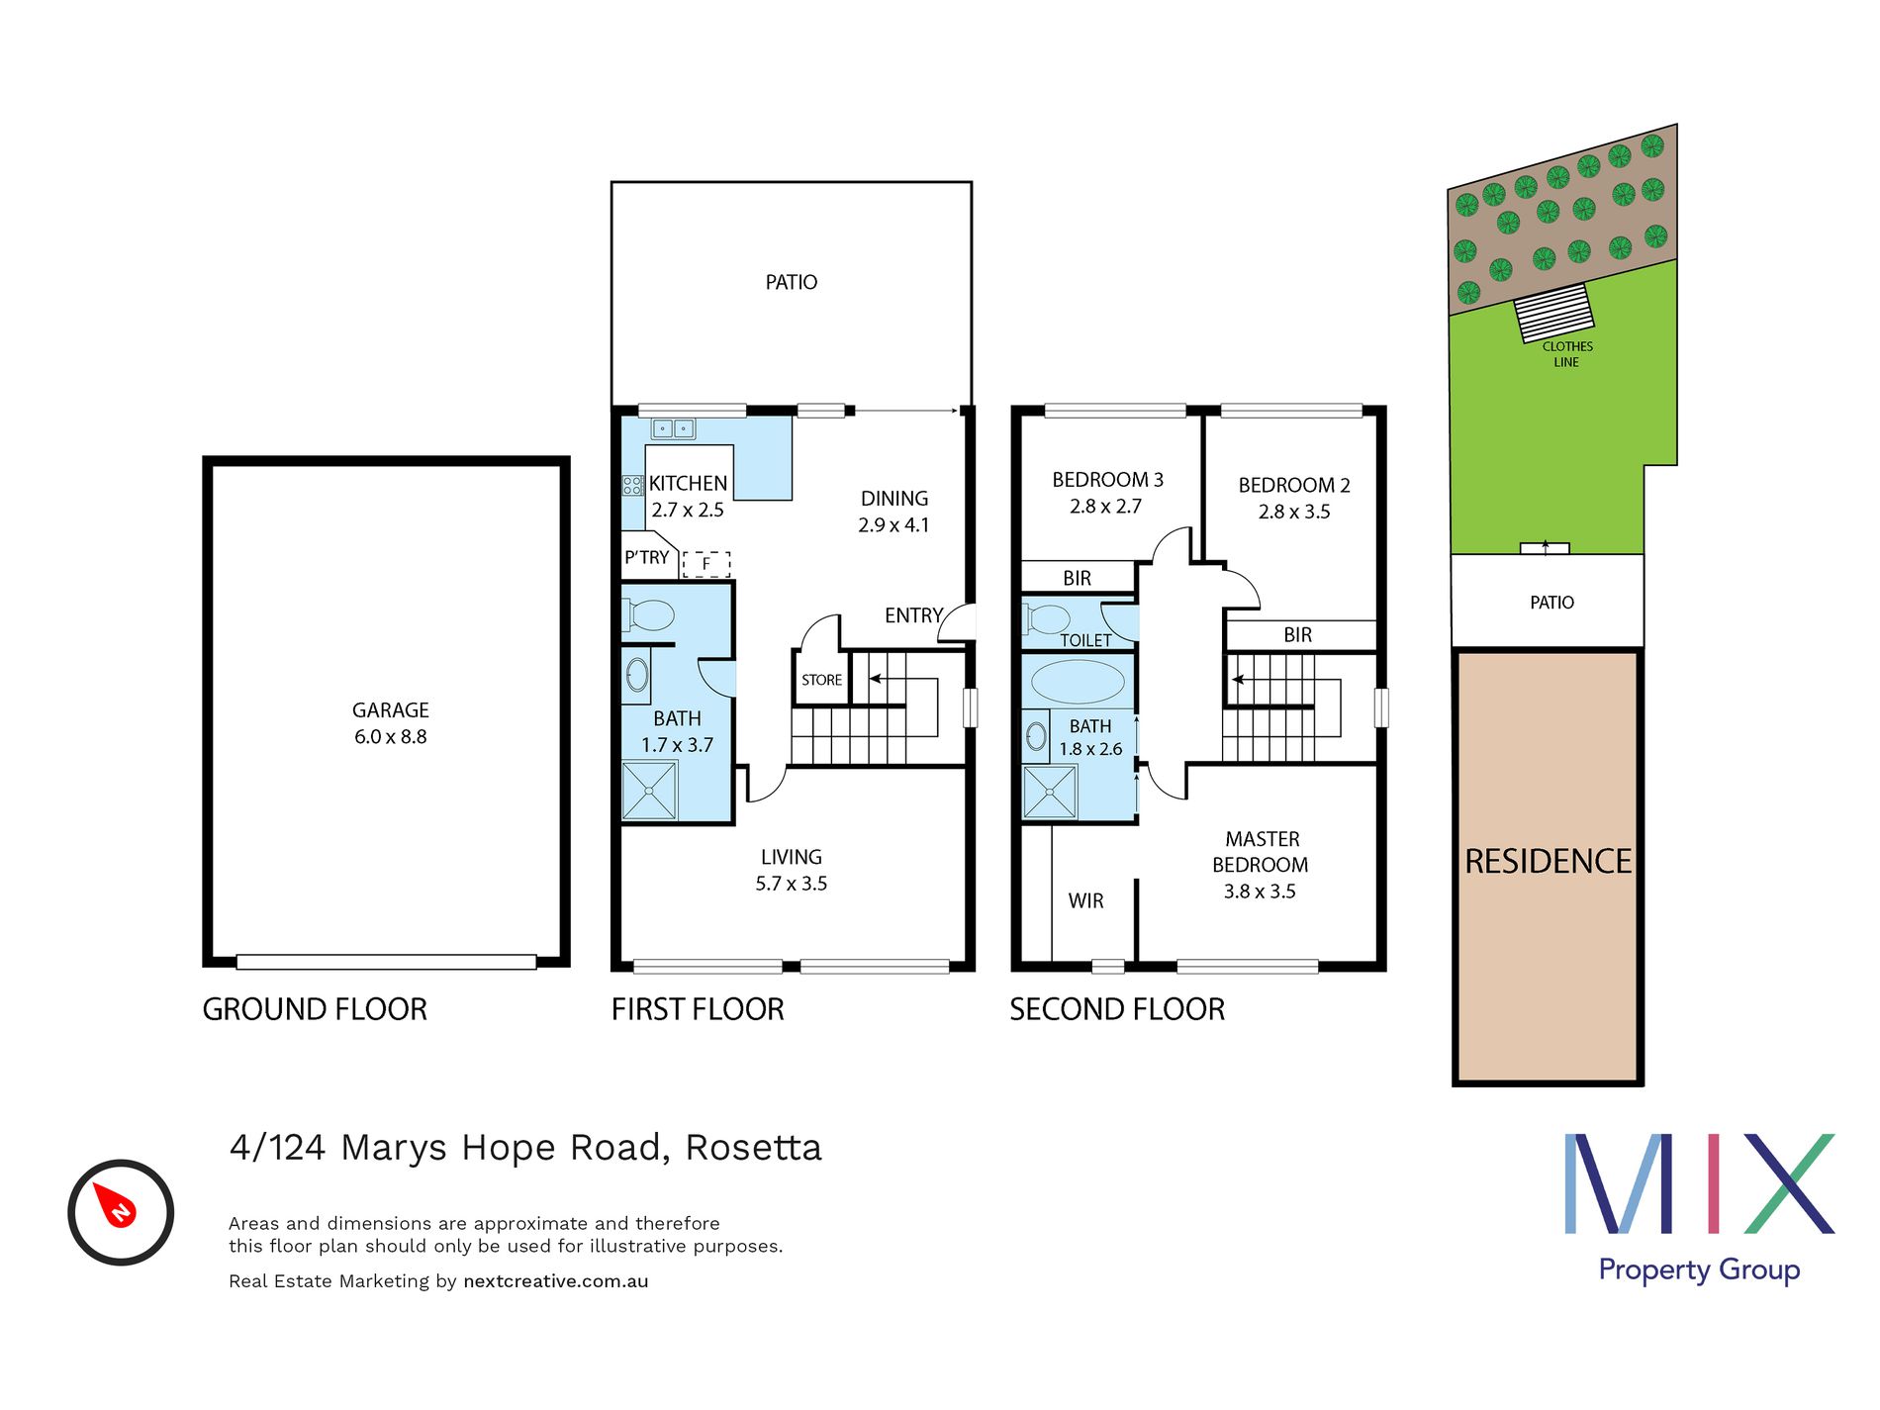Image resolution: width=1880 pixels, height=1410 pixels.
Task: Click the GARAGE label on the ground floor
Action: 390,710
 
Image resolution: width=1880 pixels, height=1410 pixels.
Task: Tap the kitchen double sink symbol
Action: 673,428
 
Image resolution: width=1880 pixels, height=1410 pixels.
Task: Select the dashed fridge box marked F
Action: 706,564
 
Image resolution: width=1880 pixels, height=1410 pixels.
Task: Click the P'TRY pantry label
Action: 646,558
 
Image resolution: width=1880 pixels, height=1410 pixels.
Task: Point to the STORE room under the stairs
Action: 821,681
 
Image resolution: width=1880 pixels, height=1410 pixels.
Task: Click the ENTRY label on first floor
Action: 912,615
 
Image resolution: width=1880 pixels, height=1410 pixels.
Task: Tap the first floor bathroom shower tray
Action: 649,791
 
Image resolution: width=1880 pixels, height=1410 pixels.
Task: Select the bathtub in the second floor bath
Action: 1078,682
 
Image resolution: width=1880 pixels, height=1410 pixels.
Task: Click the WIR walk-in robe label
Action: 1085,901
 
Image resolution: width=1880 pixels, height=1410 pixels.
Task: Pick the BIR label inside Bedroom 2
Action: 1297,635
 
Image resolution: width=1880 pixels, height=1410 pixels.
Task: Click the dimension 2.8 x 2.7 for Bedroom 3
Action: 1105,507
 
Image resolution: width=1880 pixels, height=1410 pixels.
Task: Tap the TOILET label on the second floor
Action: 1085,640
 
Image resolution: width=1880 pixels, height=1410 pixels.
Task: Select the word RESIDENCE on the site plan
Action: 1548,862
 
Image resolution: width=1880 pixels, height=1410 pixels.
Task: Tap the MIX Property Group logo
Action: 1699,1207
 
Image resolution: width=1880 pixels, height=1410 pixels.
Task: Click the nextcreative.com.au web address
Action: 555,1281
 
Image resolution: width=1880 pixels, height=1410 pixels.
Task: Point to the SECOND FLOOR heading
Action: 1117,1009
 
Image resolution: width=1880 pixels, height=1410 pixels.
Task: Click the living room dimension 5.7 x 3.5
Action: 791,884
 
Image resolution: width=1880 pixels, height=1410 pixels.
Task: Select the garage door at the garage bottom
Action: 386,962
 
